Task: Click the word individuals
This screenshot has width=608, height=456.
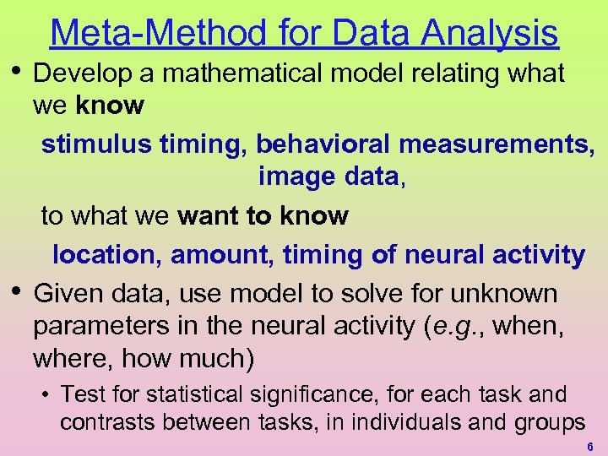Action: [399, 421]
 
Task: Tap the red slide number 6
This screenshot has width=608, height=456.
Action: [589, 446]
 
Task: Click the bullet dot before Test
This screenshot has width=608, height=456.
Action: [50, 394]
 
